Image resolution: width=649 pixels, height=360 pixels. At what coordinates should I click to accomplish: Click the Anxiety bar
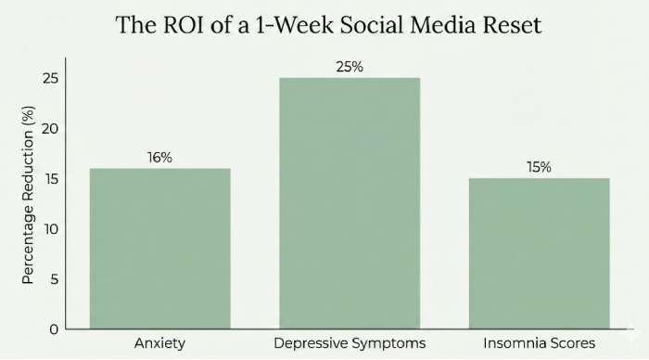click(159, 248)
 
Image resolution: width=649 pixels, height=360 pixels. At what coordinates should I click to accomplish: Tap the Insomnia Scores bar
click(539, 252)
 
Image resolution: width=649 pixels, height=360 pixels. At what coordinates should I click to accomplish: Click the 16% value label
click(159, 157)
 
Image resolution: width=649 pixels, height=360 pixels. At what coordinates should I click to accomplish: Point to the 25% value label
click(349, 66)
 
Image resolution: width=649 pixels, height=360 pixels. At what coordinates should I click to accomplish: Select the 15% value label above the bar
click(539, 167)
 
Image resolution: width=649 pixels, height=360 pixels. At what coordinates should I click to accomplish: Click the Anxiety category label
click(159, 343)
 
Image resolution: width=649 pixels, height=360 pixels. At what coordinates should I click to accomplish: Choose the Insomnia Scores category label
click(539, 343)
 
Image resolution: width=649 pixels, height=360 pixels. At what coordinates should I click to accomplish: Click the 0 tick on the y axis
click(53, 328)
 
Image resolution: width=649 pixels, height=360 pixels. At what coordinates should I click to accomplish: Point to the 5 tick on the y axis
click(53, 278)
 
